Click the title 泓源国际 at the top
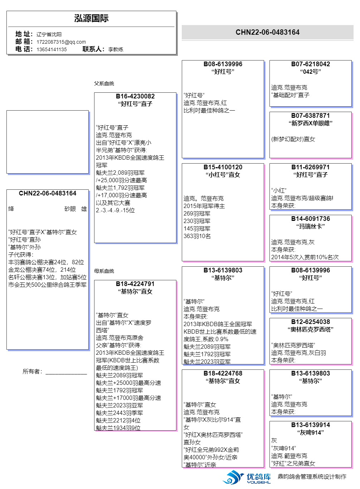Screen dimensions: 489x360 pyautogui.click(x=91, y=19)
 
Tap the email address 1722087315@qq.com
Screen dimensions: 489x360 pyautogui.click(x=61, y=42)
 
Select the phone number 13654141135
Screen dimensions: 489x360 pyautogui.click(x=52, y=49)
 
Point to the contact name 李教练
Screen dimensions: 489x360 pyautogui.click(x=116, y=49)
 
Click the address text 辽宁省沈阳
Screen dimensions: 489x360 pyautogui.click(x=49, y=34)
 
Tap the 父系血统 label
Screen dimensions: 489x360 pyautogui.click(x=104, y=83)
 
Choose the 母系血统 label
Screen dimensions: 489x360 pyautogui.click(x=104, y=271)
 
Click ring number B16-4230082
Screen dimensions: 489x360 pyautogui.click(x=135, y=96)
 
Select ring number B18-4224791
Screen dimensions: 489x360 pyautogui.click(x=135, y=284)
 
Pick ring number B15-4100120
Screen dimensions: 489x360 pyautogui.click(x=223, y=167)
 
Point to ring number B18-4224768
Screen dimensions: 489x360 pyautogui.click(x=223, y=373)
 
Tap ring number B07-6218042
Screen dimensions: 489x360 pyautogui.click(x=311, y=64)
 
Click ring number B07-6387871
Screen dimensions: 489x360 pyautogui.click(x=311, y=116)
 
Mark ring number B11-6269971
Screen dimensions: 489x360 pyautogui.click(x=311, y=167)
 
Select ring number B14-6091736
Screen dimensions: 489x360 pyautogui.click(x=311, y=219)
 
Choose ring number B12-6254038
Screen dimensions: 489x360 pyautogui.click(x=311, y=322)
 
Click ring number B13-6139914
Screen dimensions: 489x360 pyautogui.click(x=311, y=425)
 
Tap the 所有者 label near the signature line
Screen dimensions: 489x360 pyautogui.click(x=32, y=372)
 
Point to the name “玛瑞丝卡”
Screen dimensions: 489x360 pyautogui.click(x=311, y=226)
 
